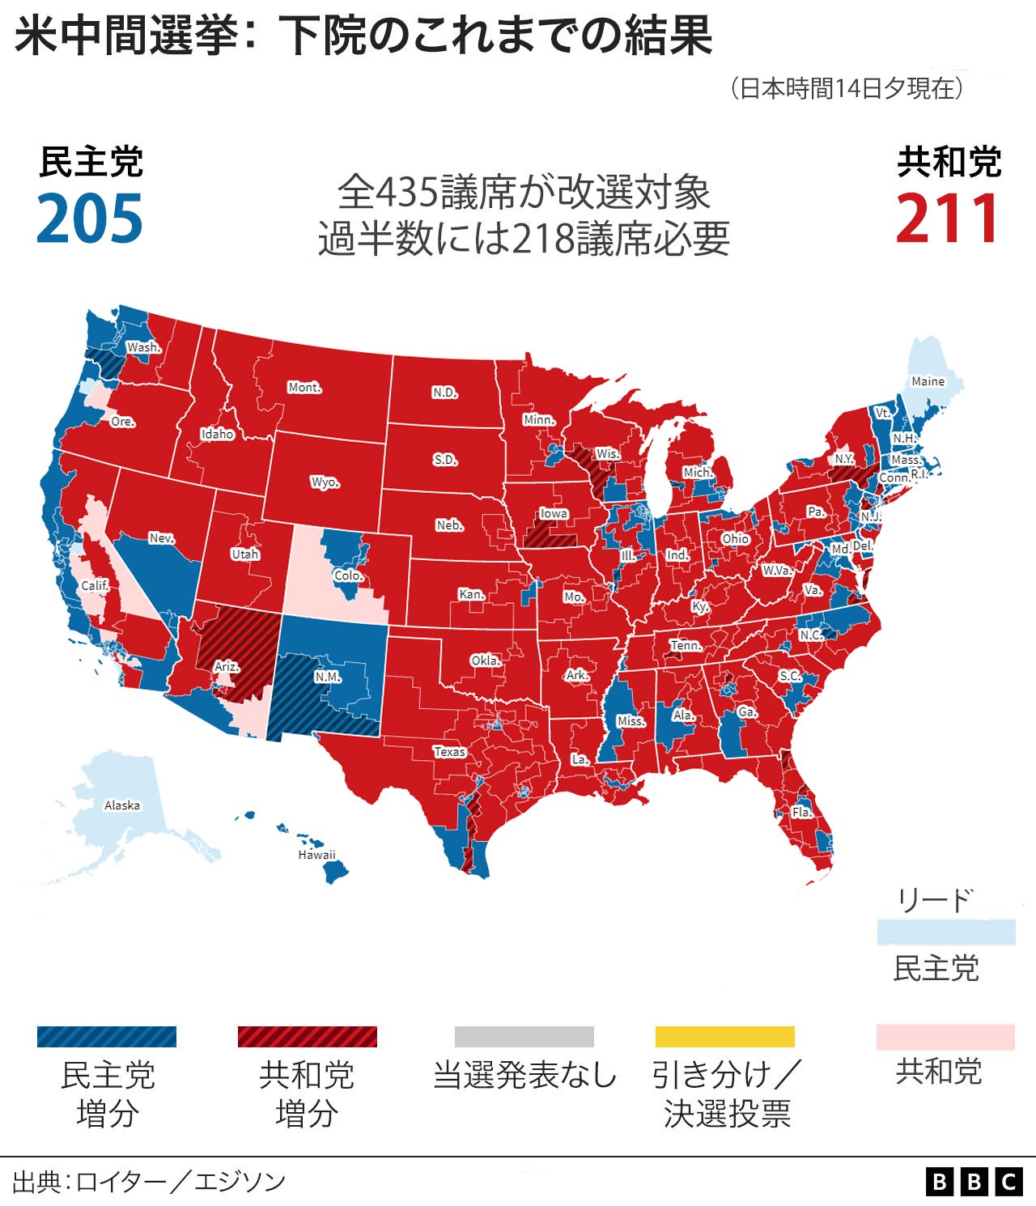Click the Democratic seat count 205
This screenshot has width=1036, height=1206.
(90, 219)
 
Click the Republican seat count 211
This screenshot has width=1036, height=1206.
(948, 219)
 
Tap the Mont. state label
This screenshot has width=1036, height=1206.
(304, 388)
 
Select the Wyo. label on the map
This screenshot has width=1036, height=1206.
(325, 482)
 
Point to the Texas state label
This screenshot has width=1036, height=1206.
(449, 751)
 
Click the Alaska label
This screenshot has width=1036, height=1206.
(122, 805)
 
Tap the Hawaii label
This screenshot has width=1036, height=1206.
(316, 855)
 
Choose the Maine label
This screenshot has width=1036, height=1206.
(928, 381)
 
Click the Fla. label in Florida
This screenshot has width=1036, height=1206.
(801, 812)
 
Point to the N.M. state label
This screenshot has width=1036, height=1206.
(328, 677)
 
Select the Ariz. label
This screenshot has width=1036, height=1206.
(227, 666)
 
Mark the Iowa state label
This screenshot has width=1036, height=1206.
(554, 513)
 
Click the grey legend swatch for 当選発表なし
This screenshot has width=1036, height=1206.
(524, 1037)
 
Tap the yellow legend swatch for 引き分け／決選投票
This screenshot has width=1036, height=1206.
(724, 1037)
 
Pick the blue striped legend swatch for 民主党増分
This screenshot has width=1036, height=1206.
(106, 1037)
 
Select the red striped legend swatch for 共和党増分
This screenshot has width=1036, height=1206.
(307, 1037)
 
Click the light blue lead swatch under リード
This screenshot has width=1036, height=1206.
(946, 932)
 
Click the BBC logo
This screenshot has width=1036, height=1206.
(974, 1182)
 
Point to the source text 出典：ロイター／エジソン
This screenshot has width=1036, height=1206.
(149, 1182)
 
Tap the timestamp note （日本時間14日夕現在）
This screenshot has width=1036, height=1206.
(847, 88)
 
